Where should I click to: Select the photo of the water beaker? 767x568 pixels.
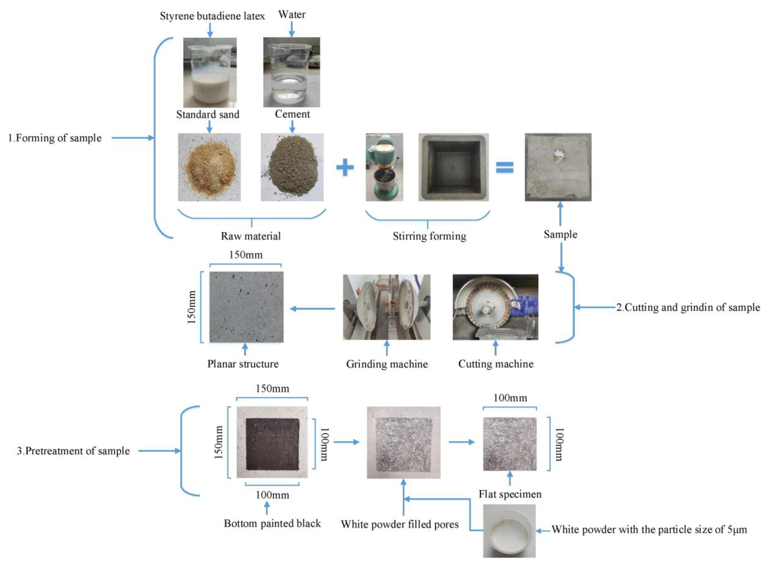[x=291, y=72]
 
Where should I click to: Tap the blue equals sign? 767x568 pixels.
[x=504, y=167]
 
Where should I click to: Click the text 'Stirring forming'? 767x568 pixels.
[x=429, y=236]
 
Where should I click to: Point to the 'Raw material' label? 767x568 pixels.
[x=251, y=236]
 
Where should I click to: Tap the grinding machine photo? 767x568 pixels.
[x=386, y=307]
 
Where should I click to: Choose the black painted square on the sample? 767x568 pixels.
[x=272, y=444]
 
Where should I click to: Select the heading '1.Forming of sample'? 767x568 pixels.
[x=55, y=138]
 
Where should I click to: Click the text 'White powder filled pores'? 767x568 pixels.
[x=399, y=524]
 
